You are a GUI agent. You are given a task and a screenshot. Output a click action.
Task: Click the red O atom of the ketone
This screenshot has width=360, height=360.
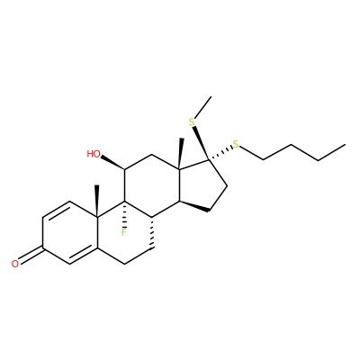click(x=15, y=264)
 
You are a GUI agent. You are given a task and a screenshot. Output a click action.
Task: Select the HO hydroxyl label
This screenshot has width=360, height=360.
click(x=94, y=154)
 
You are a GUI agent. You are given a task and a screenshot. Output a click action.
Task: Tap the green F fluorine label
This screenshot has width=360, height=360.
click(x=123, y=232)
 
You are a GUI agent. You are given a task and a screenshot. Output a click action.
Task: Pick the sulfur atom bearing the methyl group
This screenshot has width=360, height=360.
click(x=192, y=122)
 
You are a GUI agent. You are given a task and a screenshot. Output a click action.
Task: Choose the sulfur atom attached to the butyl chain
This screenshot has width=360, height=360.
click(x=237, y=145)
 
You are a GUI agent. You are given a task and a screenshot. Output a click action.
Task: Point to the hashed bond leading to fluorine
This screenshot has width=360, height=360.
click(x=124, y=214)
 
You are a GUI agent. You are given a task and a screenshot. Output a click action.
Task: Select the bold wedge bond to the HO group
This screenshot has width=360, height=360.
click(x=112, y=163)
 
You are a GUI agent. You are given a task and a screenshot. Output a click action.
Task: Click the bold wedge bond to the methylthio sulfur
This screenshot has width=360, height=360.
click(x=201, y=144)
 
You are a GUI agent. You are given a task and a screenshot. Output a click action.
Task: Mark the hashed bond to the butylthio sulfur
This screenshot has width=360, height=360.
click(x=221, y=154)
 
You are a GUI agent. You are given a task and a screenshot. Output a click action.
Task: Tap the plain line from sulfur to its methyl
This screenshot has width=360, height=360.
click(x=203, y=107)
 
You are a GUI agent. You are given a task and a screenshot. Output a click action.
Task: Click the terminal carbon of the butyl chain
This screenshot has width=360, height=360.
click(x=345, y=145)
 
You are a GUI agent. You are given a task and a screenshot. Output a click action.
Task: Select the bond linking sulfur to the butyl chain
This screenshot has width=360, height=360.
click(x=251, y=153)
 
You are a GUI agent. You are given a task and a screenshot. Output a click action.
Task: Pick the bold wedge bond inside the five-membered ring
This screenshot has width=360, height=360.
click(x=193, y=206)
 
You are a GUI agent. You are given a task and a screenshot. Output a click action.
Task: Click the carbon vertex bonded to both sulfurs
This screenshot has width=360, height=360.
click(x=210, y=161)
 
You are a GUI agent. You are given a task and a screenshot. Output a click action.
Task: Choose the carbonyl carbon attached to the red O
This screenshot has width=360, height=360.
click(x=43, y=247)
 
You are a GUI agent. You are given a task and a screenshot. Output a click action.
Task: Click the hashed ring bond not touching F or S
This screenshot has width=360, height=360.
click(x=152, y=232)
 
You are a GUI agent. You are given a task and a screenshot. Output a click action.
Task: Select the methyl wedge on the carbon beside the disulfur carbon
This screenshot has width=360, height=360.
click(x=180, y=154)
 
